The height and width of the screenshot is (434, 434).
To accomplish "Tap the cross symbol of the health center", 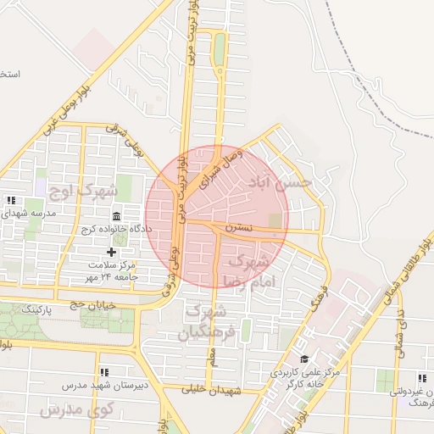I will [x=111, y=253].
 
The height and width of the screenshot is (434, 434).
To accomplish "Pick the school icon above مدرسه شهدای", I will [x=11, y=200].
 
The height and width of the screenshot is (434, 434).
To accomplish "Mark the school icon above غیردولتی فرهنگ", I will [x=420, y=379].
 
